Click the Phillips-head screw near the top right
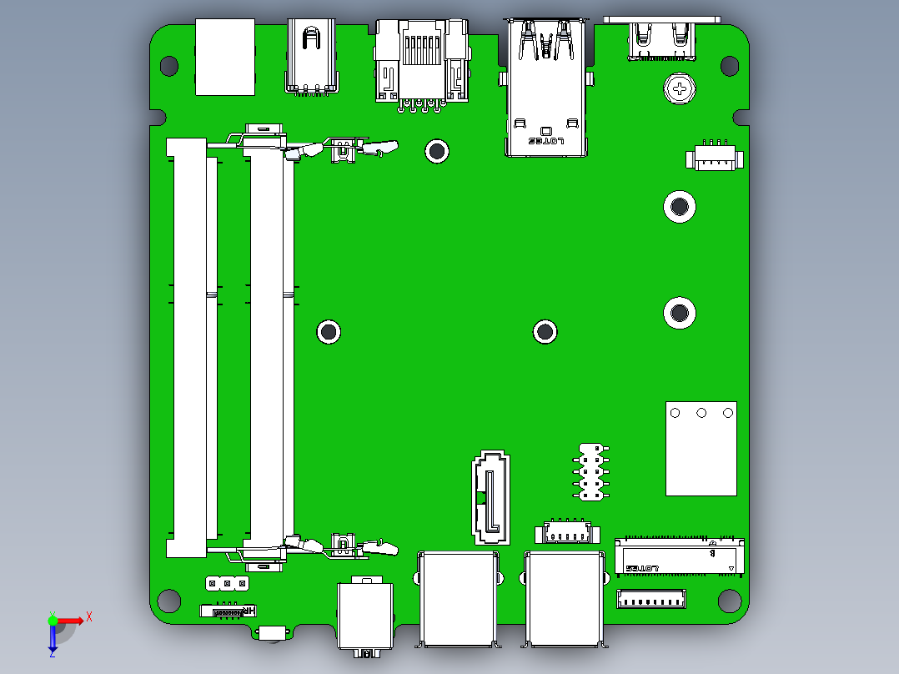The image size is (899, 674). pos(681,88)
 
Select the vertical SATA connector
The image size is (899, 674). pos(490,498)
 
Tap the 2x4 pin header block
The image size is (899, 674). pos(591,472)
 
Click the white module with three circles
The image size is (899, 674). pos(701,448)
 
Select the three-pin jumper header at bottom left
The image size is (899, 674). pos(227,583)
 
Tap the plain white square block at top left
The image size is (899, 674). pos(224,57)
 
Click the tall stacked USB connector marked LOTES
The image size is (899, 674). pos(546,88)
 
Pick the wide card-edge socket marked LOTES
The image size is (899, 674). pos(679,556)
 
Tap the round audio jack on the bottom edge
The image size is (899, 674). pos(364,617)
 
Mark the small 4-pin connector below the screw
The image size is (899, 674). pos(713,158)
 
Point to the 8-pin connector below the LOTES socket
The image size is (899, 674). pos(652,598)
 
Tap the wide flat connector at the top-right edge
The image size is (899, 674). pos(661,39)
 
